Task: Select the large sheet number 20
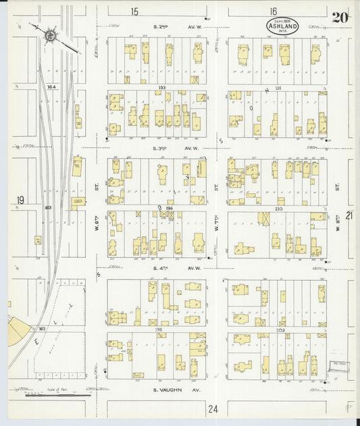340,18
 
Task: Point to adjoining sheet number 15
134,11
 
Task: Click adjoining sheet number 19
20,200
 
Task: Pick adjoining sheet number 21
349,215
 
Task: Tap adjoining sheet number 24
213,408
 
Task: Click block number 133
161,88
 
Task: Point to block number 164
50,87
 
